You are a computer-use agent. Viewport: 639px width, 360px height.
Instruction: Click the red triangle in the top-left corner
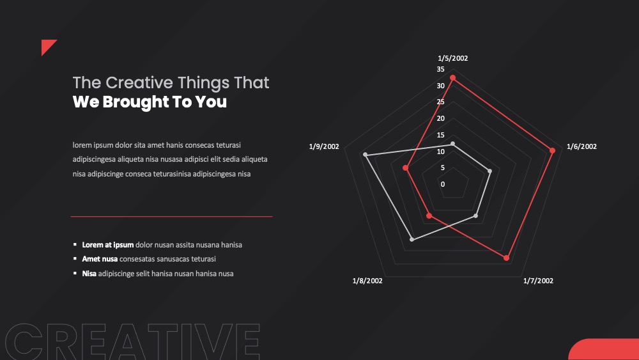coord(47,45)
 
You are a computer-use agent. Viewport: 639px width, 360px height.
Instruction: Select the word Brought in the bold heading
coord(135,102)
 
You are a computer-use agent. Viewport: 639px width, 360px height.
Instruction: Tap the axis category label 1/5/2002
coord(453,58)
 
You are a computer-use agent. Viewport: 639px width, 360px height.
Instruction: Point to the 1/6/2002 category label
coord(581,146)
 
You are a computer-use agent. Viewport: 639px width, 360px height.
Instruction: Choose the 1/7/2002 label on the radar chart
coord(538,281)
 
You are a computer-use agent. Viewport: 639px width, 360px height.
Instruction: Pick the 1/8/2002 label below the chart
coord(367,281)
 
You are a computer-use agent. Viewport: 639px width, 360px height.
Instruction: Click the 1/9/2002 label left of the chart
coord(324,146)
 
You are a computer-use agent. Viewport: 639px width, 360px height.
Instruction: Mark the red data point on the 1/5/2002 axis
coord(453,78)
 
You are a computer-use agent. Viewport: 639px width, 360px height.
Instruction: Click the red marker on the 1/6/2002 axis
coord(552,150)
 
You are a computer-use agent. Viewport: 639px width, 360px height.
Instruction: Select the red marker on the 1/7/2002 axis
coord(506,258)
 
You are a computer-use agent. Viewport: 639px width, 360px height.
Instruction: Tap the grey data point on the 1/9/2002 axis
coord(365,155)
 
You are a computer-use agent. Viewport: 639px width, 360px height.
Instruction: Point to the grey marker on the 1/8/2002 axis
coord(412,239)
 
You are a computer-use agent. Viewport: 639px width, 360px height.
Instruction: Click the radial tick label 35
coord(440,69)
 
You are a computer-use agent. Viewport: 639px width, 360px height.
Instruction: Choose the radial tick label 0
coord(443,184)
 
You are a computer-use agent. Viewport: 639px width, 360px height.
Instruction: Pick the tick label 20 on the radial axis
coord(440,119)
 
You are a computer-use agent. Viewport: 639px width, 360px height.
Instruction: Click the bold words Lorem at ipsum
coord(108,245)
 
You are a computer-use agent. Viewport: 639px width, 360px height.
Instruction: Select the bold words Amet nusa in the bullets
coord(100,259)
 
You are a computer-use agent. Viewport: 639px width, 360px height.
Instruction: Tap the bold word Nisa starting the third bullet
coord(89,274)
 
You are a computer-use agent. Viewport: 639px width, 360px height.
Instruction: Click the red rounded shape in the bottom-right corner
coord(604,349)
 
